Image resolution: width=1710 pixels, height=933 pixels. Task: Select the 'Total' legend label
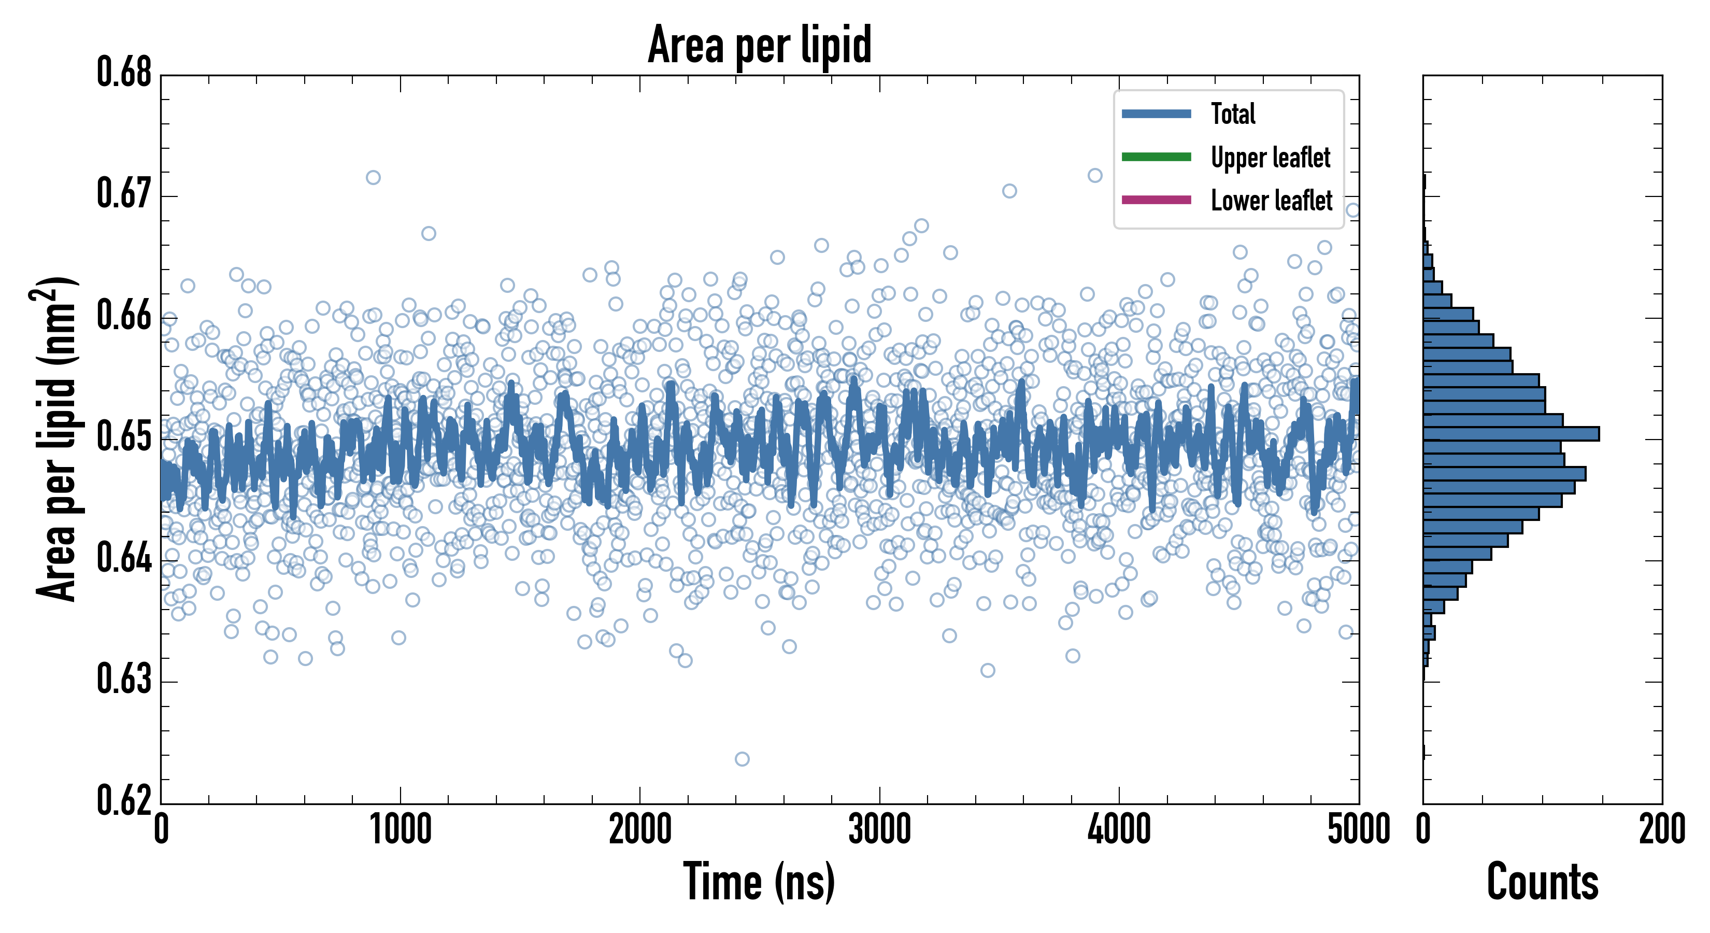pos(1233,114)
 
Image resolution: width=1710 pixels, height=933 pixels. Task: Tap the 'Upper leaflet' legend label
pos(1270,158)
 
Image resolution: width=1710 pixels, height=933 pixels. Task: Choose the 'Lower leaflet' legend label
pos(1271,201)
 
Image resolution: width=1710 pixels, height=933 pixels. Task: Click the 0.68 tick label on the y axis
pos(124,73)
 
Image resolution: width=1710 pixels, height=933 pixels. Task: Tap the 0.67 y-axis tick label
pos(124,194)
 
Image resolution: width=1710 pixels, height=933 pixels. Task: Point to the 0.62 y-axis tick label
pos(124,800)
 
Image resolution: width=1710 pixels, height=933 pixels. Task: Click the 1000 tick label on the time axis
pos(400,830)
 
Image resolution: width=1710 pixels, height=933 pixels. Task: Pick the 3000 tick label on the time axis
pos(879,830)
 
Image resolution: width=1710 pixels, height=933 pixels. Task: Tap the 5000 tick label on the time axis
pos(1358,830)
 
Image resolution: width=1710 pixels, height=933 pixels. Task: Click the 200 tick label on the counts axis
pos(1661,830)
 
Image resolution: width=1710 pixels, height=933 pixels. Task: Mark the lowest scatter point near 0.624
pos(742,759)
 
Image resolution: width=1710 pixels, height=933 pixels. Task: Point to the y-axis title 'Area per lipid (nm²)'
pos(56,439)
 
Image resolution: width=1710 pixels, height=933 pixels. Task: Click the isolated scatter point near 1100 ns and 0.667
pos(429,234)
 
